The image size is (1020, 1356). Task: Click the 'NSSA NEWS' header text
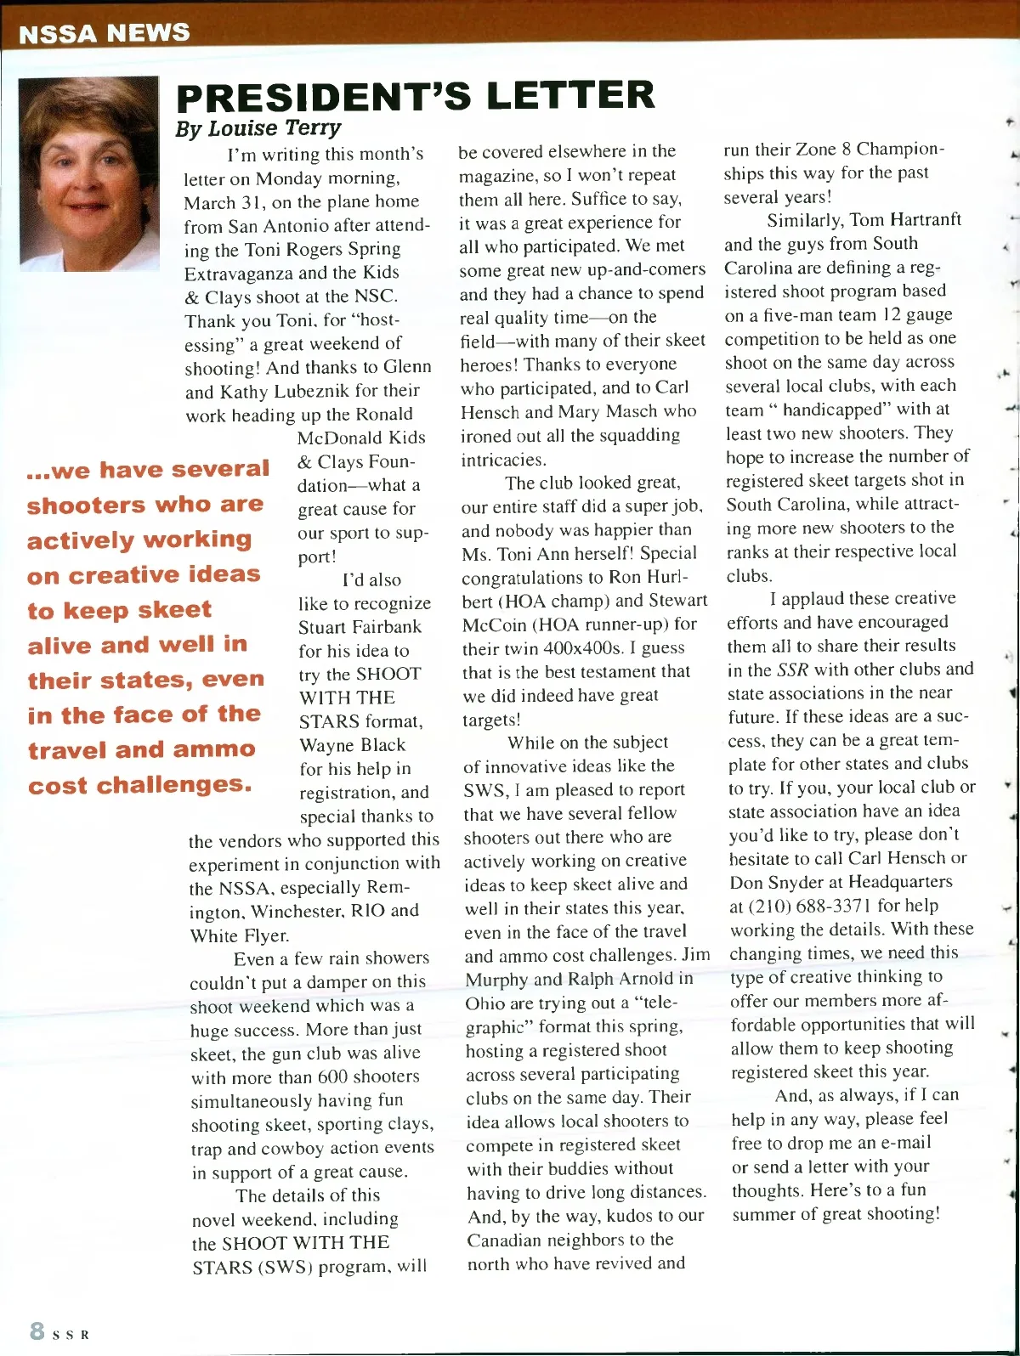[104, 33]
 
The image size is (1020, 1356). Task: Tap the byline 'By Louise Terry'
[258, 129]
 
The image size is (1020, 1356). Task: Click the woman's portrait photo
[88, 174]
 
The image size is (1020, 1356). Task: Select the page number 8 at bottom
[37, 1331]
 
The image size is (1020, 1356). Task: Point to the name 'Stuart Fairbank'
[360, 627]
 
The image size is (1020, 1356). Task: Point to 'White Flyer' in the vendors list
[239, 935]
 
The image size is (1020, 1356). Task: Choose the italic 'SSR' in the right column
[792, 670]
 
